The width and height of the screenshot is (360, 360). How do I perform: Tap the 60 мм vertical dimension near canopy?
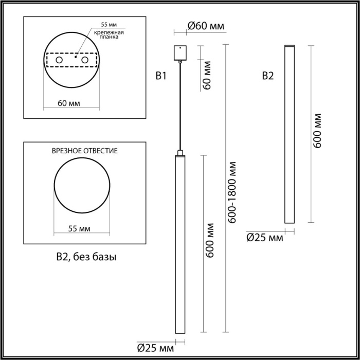[x=207, y=76]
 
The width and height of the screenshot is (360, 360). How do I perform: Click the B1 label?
[x=161, y=77]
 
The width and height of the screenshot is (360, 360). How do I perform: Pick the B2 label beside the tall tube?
[x=268, y=77]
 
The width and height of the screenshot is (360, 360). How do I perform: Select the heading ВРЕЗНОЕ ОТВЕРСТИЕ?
[x=85, y=151]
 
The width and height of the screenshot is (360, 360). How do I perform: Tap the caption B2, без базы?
[x=86, y=256]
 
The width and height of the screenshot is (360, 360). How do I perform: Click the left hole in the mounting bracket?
[x=60, y=61]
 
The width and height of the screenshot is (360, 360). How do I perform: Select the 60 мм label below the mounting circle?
[x=68, y=103]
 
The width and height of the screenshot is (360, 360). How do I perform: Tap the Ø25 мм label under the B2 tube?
[x=265, y=237]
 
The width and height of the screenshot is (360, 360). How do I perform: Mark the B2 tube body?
[x=290, y=134]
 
